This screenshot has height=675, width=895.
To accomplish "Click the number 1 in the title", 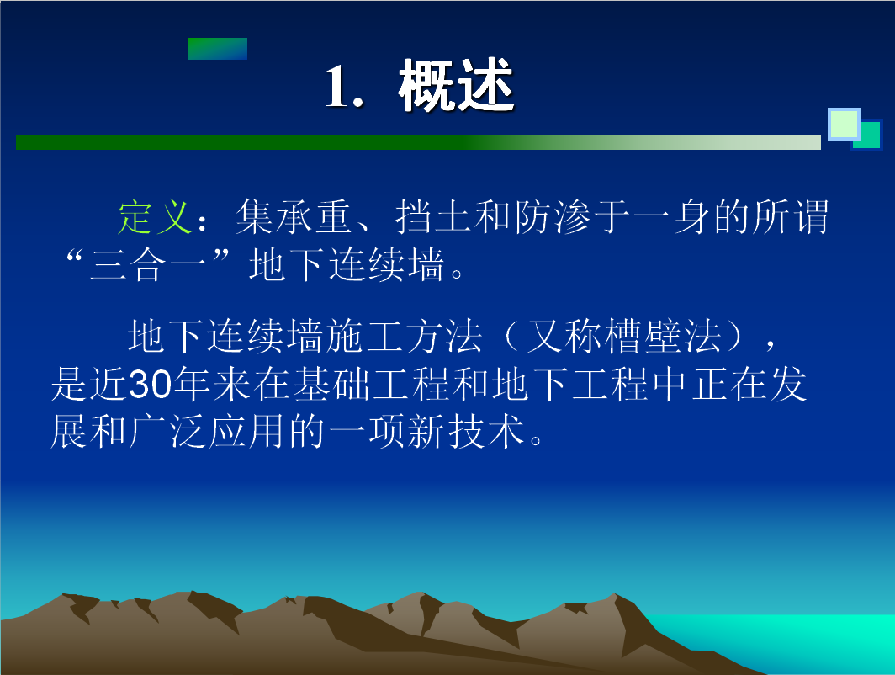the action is coord(336,86).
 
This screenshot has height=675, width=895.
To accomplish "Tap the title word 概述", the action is coord(457,86).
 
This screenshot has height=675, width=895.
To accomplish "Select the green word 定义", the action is coord(154,217).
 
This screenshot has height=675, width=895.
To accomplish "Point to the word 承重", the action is coord(314,217).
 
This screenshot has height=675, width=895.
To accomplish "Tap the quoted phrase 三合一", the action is coord(147,265).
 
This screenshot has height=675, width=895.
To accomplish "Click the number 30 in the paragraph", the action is coord(150,384).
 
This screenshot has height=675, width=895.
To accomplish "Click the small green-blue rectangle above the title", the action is coord(218,49).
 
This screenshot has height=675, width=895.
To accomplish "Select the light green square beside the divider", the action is coord(844,124).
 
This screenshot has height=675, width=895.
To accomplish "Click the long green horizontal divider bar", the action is coord(418,142).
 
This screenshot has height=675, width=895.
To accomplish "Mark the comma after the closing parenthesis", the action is coord(771,343).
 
